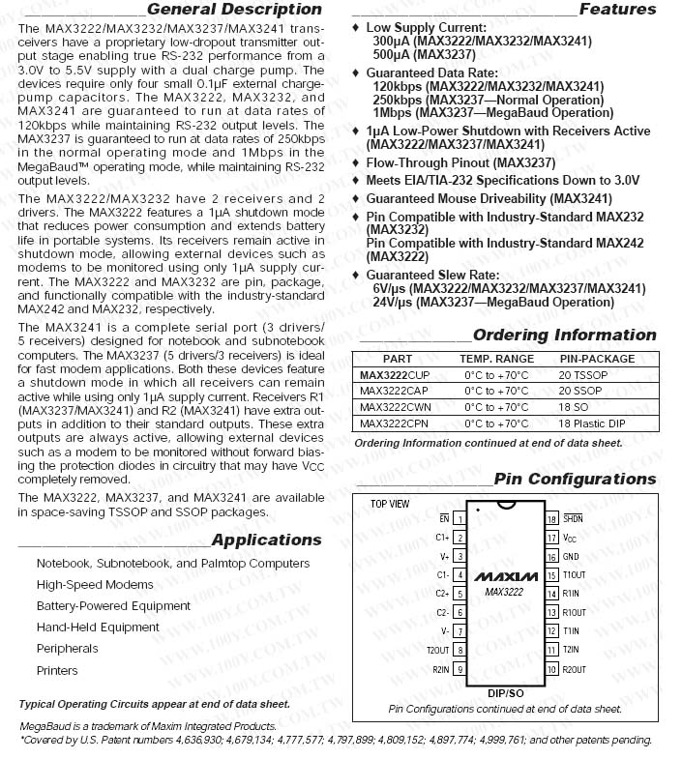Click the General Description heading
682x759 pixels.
(x=234, y=10)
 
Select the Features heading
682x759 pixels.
(x=617, y=10)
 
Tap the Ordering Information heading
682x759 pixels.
(x=564, y=336)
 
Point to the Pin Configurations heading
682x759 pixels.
(x=575, y=480)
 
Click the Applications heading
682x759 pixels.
(x=266, y=540)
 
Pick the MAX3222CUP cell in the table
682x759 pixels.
(x=395, y=374)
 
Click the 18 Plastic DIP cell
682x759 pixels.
(x=593, y=423)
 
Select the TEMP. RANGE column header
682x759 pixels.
(x=495, y=359)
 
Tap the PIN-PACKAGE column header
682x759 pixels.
(x=597, y=359)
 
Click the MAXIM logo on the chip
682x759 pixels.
(x=503, y=577)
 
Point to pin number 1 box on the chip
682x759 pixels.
(x=460, y=519)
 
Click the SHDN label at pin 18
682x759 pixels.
(x=573, y=519)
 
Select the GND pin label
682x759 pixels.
(x=571, y=557)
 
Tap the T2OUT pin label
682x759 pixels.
(x=438, y=650)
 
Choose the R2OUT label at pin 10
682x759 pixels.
(x=574, y=669)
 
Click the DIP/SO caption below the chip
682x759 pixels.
(x=505, y=693)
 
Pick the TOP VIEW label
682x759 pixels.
(x=390, y=504)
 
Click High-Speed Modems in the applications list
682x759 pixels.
(x=95, y=585)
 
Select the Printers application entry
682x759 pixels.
(x=57, y=670)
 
